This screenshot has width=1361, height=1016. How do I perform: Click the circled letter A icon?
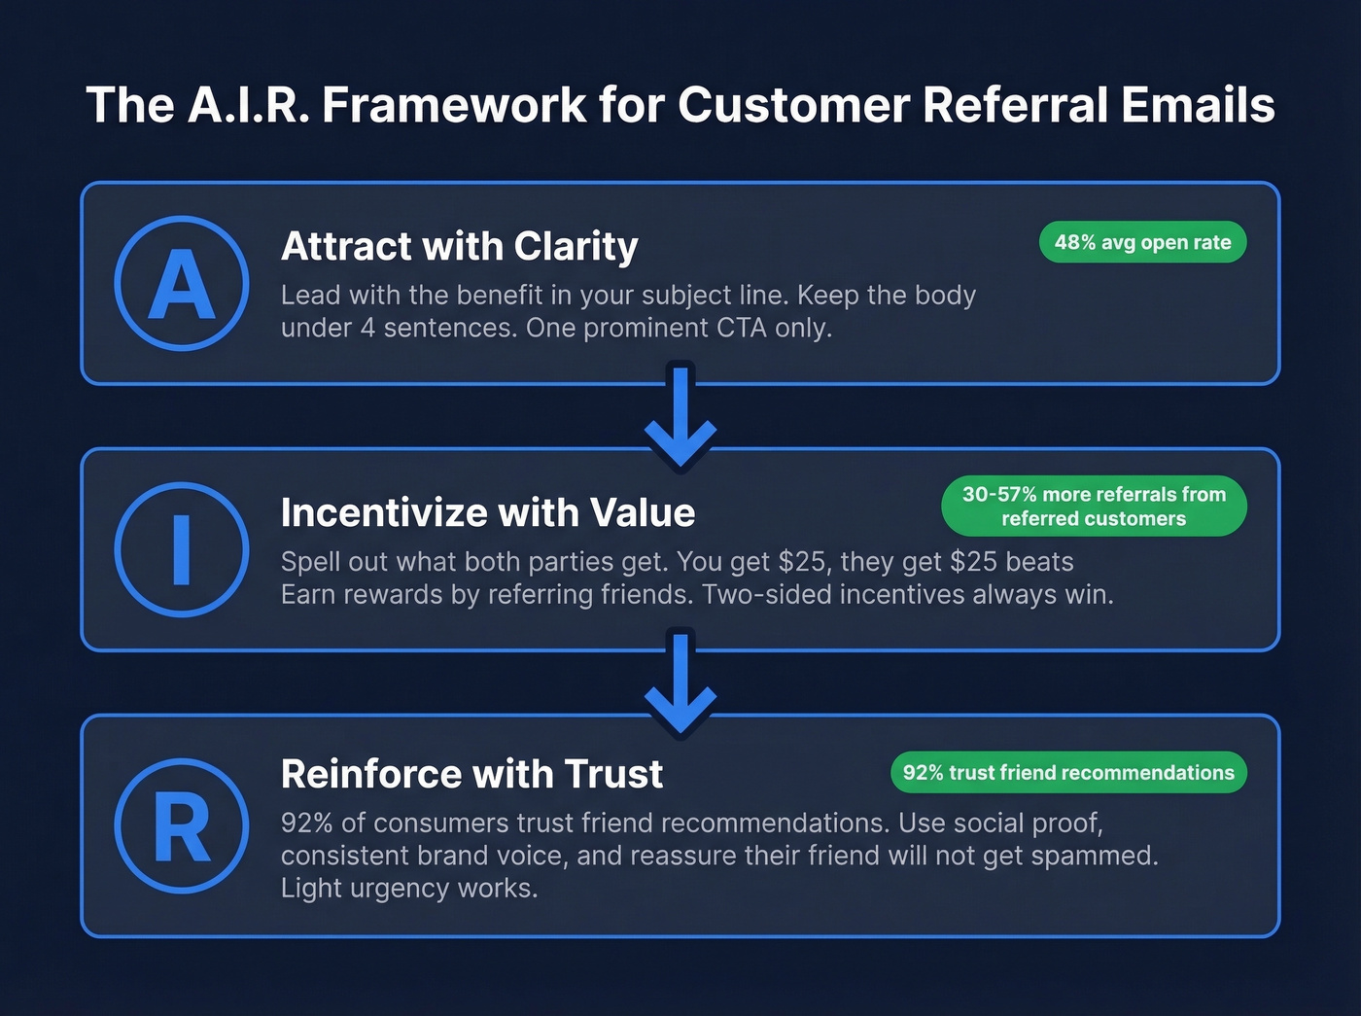tap(182, 283)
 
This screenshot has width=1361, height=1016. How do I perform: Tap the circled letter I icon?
tap(182, 549)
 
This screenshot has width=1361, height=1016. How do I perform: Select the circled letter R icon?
tap(182, 825)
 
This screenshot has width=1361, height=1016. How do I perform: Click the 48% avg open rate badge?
tap(1142, 242)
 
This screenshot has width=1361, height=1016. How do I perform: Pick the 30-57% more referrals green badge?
tap(1094, 506)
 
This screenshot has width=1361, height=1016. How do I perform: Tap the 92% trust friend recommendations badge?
tap(1067, 773)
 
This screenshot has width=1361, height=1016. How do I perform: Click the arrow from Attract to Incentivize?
tap(680, 418)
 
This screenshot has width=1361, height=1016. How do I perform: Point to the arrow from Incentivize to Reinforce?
tap(680, 685)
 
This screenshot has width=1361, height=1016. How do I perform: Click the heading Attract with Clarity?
tap(459, 246)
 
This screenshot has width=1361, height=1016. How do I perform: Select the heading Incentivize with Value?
tap(487, 512)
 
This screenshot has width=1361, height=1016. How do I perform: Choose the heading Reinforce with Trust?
tap(471, 774)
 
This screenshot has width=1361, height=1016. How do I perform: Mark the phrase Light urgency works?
tap(408, 889)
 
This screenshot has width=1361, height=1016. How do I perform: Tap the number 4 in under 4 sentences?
tap(367, 329)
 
